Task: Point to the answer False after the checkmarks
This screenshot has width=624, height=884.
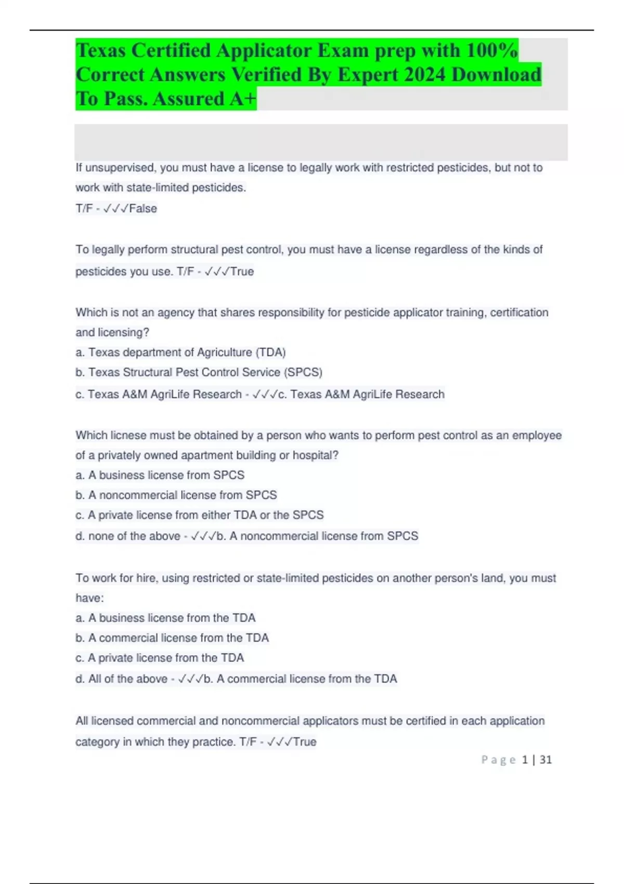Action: click(143, 209)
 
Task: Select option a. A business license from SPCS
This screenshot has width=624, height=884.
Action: click(160, 475)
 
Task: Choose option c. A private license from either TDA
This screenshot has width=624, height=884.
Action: click(200, 515)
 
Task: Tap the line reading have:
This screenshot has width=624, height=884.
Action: click(89, 598)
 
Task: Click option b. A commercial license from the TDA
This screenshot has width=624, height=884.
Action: click(172, 638)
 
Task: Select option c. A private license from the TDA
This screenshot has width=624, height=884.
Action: click(160, 658)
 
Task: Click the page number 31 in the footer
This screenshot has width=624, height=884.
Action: click(545, 760)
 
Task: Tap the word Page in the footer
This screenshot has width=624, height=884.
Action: click(498, 760)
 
